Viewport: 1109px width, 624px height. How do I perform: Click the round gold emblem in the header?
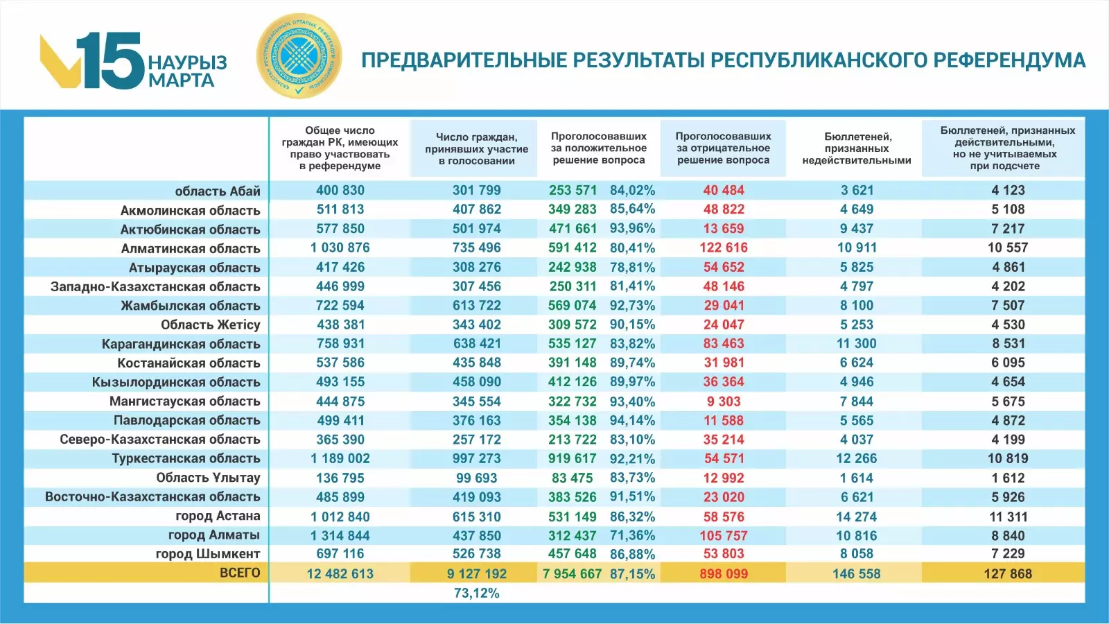tap(299, 56)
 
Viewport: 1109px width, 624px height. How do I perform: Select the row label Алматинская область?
tap(191, 248)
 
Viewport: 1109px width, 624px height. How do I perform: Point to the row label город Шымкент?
tap(208, 554)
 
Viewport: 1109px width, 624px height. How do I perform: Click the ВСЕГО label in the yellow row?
tap(240, 573)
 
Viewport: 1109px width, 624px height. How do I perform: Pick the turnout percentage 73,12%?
tap(477, 593)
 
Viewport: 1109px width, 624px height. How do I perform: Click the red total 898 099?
tap(724, 574)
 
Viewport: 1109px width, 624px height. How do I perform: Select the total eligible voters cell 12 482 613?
tap(340, 574)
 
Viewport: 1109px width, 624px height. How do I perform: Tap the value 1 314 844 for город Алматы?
tap(340, 535)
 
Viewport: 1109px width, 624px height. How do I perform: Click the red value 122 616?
tap(724, 248)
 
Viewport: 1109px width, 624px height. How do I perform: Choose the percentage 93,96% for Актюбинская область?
tap(632, 228)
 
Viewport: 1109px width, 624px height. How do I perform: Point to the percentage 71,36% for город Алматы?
tap(632, 535)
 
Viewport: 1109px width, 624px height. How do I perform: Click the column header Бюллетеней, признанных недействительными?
tap(857, 148)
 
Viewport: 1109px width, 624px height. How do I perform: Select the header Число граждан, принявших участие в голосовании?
tap(477, 148)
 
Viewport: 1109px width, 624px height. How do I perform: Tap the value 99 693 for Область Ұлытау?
tap(477, 478)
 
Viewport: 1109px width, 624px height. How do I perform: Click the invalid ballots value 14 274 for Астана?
tap(857, 517)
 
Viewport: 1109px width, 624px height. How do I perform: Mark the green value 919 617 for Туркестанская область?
tap(573, 458)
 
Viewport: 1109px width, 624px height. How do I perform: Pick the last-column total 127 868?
tap(1008, 574)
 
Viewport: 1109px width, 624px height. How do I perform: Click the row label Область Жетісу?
tap(211, 324)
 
